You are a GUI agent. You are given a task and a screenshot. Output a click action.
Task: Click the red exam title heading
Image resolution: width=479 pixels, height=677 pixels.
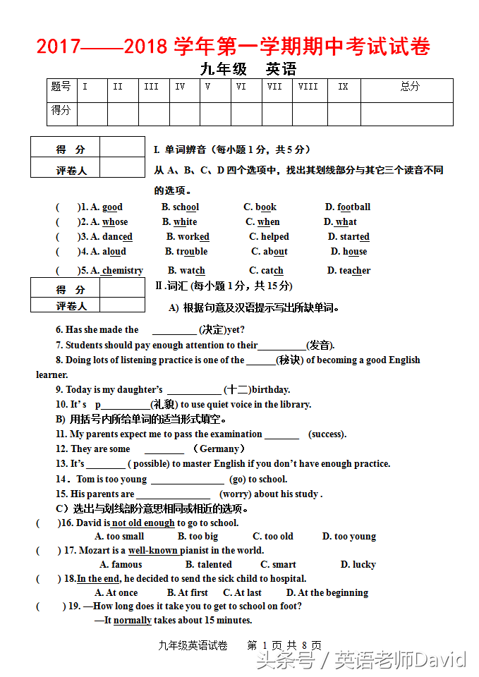tap(233, 47)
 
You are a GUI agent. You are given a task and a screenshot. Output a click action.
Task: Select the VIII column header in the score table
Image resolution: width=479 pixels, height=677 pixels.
tap(308, 87)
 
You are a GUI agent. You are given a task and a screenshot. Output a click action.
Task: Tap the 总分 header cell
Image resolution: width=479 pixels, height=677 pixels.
tap(410, 87)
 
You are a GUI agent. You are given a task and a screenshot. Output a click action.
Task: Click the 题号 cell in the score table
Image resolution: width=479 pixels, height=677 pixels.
tap(61, 87)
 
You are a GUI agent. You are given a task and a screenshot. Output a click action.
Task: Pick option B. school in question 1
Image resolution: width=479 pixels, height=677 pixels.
tap(180, 207)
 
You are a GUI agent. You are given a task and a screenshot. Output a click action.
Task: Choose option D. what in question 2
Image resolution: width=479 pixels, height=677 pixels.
tap(340, 222)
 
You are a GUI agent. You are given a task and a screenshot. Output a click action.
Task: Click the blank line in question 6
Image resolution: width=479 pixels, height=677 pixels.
tap(174, 330)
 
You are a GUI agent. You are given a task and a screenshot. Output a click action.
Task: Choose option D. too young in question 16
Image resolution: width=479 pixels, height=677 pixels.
tap(349, 537)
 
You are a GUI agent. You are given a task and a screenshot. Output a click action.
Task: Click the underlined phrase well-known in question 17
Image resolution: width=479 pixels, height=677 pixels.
tap(152, 551)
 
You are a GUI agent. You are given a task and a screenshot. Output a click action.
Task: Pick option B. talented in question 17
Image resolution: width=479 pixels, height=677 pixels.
tap(208, 565)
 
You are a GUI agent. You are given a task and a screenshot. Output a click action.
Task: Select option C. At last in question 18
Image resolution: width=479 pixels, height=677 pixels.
tap(242, 593)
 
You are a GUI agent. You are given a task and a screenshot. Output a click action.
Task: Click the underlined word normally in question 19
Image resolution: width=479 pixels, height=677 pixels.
tap(133, 621)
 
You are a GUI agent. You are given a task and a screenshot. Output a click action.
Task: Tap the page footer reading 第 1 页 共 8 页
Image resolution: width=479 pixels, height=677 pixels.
tap(284, 646)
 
